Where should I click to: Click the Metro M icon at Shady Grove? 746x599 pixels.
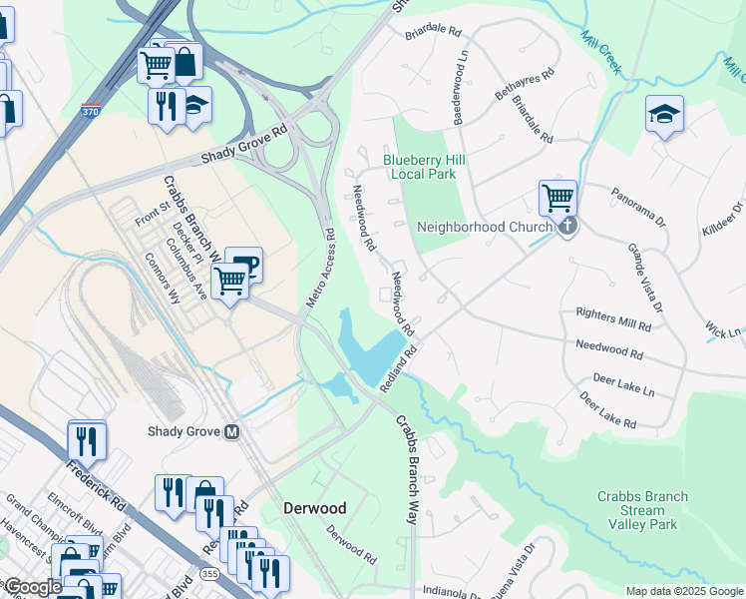[x=231, y=432]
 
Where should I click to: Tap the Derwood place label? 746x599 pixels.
[x=314, y=508]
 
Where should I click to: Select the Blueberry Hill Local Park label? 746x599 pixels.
[x=425, y=167]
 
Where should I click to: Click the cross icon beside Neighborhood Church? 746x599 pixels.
[x=567, y=227]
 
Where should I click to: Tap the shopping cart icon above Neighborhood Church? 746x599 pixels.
[x=558, y=197]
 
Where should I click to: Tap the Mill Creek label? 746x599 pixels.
[x=601, y=52]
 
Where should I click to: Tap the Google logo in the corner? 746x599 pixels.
[x=32, y=587]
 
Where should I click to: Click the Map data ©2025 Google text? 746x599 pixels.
[x=683, y=591]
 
